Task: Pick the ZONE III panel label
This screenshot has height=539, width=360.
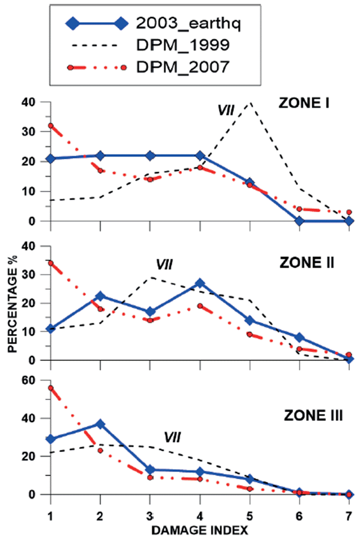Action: (313, 415)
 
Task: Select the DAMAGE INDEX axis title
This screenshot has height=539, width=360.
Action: (199, 530)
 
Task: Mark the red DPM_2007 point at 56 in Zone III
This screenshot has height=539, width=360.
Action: (50, 388)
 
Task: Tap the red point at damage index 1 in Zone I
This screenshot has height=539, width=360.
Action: (50, 126)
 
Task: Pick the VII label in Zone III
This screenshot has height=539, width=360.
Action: (171, 437)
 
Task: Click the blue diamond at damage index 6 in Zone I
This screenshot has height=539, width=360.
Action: (299, 221)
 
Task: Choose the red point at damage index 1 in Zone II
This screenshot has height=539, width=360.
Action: (50, 263)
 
